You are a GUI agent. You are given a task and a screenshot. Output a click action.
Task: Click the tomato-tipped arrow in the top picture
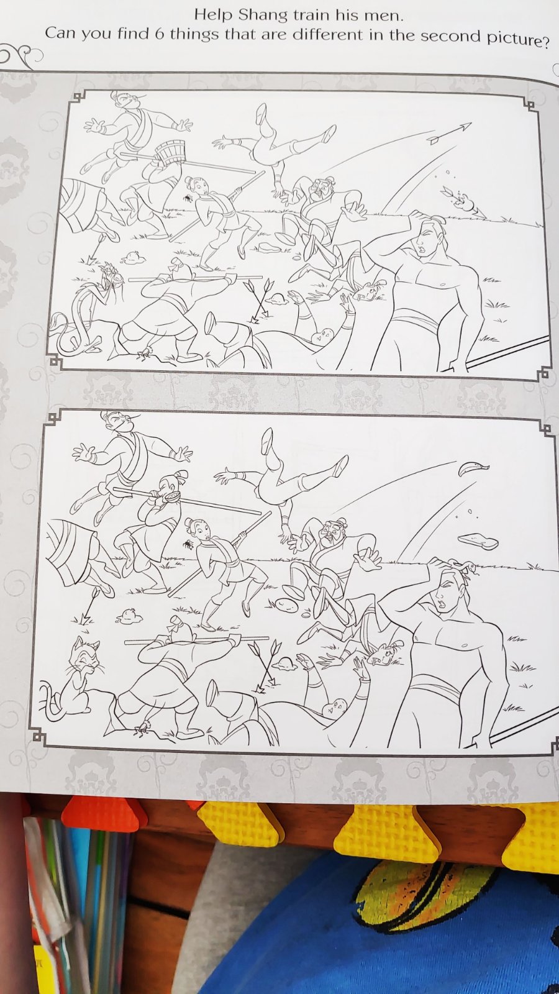463,203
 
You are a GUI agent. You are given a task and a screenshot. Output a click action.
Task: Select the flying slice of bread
478,541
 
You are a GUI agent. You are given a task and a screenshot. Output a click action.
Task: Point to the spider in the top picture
188,196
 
